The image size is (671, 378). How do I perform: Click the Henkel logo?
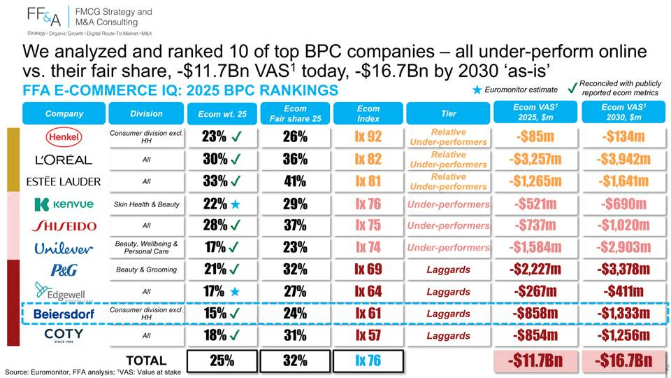click(x=64, y=136)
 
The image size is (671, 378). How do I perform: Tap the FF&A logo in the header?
click(x=44, y=17)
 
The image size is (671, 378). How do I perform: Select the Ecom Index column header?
click(x=368, y=113)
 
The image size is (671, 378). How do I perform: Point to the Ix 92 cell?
click(x=368, y=136)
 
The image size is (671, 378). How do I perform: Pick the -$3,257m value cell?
click(x=535, y=159)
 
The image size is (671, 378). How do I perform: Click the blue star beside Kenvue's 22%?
click(x=236, y=204)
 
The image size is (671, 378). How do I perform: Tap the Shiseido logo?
click(x=64, y=225)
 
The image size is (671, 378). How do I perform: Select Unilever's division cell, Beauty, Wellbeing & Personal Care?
click(x=146, y=247)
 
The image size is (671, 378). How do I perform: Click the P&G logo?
click(x=64, y=269)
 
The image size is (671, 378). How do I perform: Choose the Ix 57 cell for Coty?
click(x=368, y=335)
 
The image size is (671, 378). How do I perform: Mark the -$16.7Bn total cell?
click(x=623, y=361)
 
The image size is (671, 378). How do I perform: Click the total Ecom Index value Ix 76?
click(x=368, y=361)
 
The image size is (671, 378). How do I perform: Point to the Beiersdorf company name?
click(x=64, y=314)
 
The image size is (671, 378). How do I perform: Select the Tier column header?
click(x=448, y=113)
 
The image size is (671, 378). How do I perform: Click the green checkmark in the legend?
click(x=572, y=88)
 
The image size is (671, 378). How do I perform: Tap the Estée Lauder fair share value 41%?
click(x=295, y=181)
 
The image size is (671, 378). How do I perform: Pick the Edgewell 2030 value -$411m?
click(x=623, y=291)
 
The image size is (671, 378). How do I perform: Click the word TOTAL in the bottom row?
click(x=146, y=361)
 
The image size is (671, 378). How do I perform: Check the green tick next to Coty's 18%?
click(x=236, y=335)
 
